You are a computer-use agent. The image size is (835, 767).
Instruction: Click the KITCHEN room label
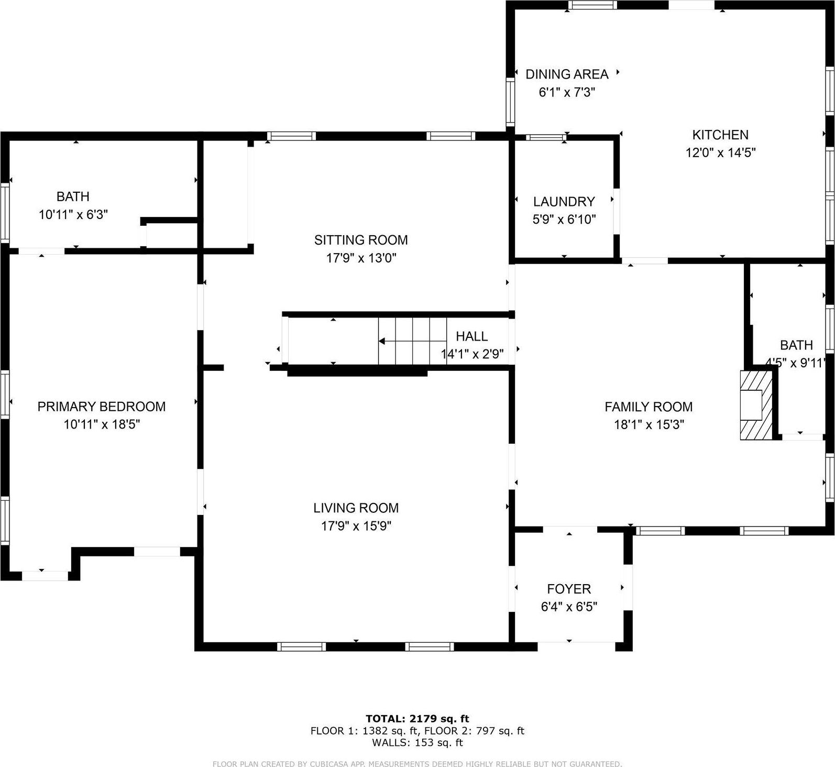(x=720, y=135)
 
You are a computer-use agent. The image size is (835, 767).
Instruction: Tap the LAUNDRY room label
(x=564, y=202)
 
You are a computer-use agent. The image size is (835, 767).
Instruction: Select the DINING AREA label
(x=567, y=74)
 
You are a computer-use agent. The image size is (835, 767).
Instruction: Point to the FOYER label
(x=569, y=589)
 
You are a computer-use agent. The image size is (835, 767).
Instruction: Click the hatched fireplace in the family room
(x=756, y=405)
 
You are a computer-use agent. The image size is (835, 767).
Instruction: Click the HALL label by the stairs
(x=471, y=336)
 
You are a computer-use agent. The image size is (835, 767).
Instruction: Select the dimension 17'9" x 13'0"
(x=361, y=258)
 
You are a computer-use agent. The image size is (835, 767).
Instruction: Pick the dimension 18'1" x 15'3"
(x=649, y=424)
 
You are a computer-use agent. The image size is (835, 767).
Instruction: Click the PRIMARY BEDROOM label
(x=102, y=407)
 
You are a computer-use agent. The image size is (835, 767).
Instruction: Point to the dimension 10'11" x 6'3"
(x=73, y=214)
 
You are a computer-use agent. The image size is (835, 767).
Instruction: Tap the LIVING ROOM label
(x=356, y=508)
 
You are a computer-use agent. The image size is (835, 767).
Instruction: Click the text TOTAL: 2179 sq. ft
(x=417, y=719)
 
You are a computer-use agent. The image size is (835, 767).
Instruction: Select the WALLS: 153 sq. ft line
(x=417, y=742)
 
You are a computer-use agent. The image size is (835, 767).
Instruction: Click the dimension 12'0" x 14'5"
(x=720, y=152)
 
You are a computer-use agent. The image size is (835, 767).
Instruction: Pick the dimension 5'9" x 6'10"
(x=564, y=220)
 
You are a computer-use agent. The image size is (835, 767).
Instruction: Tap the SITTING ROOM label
(x=361, y=240)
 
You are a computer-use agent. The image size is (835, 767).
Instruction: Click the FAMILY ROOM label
(x=649, y=407)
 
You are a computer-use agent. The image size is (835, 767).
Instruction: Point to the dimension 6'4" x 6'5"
(x=569, y=607)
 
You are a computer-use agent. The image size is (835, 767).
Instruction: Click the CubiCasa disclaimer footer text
(x=417, y=764)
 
